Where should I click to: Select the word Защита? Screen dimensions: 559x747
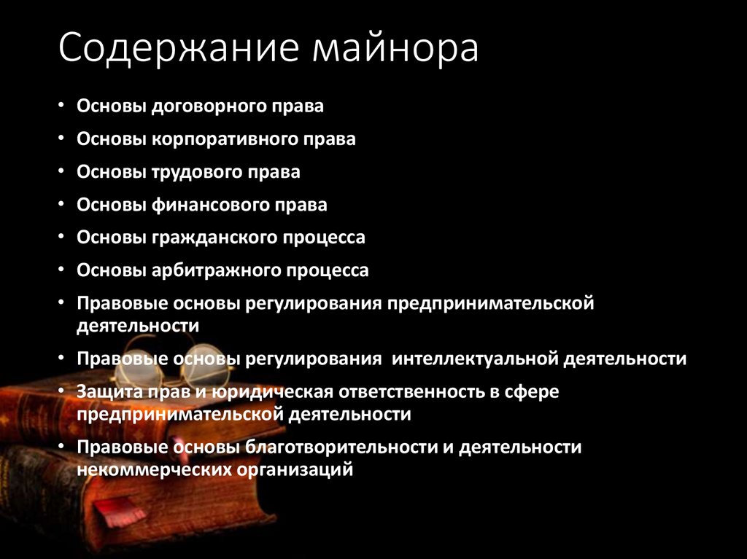click(105, 392)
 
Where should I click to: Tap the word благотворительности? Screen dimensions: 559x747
click(330, 447)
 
